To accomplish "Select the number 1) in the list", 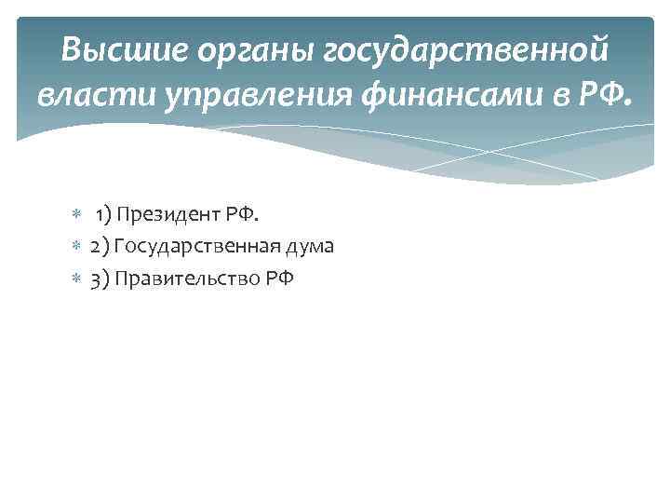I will click(x=103, y=216).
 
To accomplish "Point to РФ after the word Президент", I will click(x=239, y=216).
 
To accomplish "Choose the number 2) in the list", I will click(x=100, y=247).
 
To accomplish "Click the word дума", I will click(x=308, y=247).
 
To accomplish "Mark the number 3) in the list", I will click(x=100, y=278).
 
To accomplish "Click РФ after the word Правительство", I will click(x=279, y=278).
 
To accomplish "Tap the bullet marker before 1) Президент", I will click(x=76, y=216).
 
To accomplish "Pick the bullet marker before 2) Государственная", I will click(x=76, y=247).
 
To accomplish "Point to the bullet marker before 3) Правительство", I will click(x=76, y=278).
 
